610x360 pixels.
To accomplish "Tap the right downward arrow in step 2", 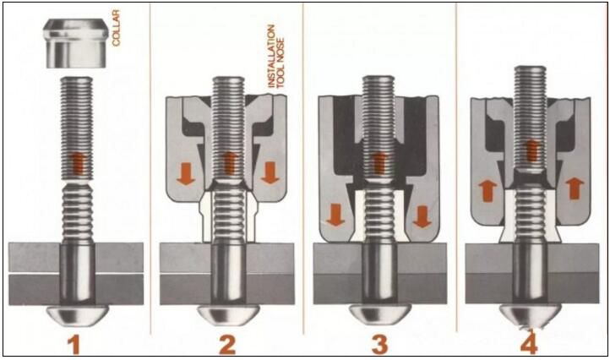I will pos(270,173).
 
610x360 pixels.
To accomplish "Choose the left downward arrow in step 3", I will pos(335,215).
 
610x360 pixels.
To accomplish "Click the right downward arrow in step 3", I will pos(422,215).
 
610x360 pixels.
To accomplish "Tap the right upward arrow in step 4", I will pos(575,188).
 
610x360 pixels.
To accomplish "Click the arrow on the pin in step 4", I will pos(531,150).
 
